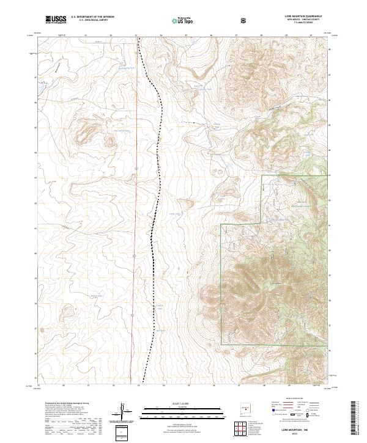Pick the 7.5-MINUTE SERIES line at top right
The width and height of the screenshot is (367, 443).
(x=303, y=23)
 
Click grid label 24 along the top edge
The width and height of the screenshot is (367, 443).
(x=161, y=36)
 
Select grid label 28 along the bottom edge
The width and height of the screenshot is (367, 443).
(x=262, y=386)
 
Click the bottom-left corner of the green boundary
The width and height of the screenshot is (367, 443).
(x=221, y=346)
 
